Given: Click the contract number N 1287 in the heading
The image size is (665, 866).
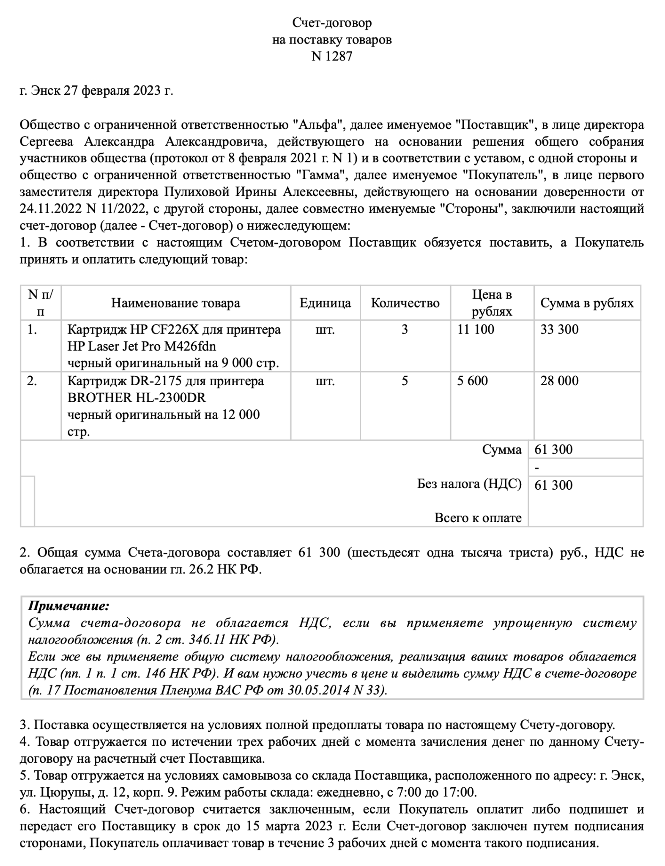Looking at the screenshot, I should coord(332,57).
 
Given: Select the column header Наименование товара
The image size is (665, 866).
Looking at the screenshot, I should coord(175,303).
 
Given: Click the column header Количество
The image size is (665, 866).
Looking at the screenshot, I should coord(405,303).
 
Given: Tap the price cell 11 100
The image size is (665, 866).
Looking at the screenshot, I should coord(476,329).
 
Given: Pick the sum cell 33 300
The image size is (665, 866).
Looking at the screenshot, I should coord(559,329).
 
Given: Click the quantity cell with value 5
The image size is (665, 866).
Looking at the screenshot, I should coord(405,381).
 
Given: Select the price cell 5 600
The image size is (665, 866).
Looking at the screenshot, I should coord(472,381).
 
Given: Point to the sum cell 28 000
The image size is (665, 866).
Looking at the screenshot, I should coord(559,381).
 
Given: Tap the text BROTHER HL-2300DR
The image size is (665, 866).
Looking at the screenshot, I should coord(137,398).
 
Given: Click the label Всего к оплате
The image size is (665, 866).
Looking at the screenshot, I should coord(478,518).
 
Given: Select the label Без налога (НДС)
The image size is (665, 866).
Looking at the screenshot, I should coord(469,484).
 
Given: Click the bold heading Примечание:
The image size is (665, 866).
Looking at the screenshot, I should coord(68,606).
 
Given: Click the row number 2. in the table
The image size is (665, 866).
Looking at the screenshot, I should coord(32,381).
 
